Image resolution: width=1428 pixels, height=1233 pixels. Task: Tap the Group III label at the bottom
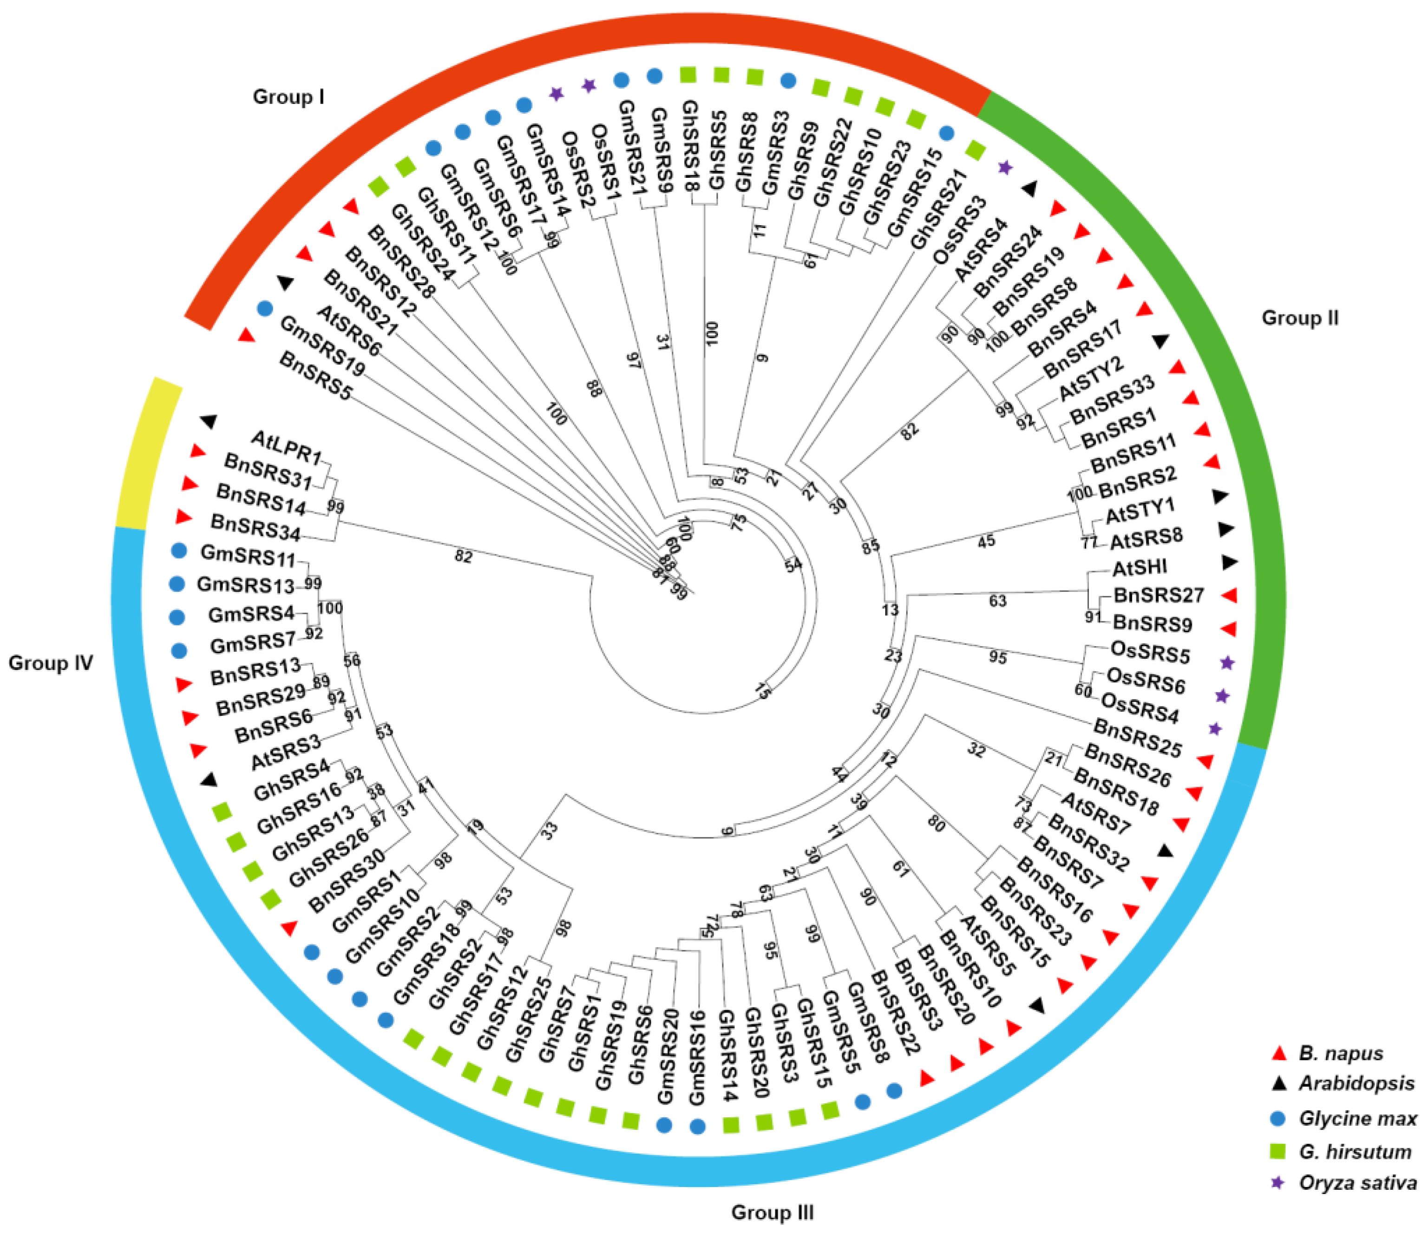772,1212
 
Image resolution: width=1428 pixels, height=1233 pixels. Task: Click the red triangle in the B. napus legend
1278,1052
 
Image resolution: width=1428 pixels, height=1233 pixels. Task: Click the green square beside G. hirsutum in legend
1278,1151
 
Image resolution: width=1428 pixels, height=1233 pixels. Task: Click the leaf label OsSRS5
1150,652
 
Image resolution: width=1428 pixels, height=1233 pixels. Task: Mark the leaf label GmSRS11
248,555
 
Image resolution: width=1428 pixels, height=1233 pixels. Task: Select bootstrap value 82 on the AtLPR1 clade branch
463,556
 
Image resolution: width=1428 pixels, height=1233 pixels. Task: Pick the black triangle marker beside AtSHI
1230,563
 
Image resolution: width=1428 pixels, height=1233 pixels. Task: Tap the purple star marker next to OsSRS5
1227,662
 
